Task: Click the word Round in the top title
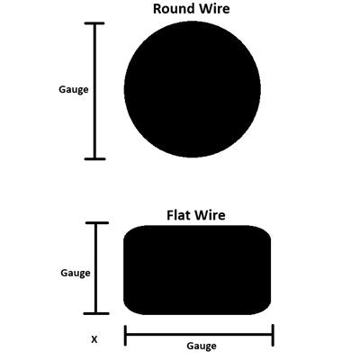[x=172, y=9]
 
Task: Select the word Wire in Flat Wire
[x=210, y=215]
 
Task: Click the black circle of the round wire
[x=193, y=89]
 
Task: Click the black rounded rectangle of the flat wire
[x=197, y=270]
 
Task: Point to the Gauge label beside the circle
[x=74, y=90]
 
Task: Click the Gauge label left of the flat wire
[x=76, y=274]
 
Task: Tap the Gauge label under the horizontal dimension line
[x=202, y=346]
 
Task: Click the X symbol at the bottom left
[x=94, y=339]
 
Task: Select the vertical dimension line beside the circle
[x=94, y=91]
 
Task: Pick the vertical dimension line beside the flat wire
[x=96, y=268]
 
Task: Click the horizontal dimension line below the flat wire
[x=199, y=335]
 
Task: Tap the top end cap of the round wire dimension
[x=94, y=23]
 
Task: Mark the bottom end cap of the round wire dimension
[x=94, y=158]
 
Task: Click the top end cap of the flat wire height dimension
[x=97, y=223]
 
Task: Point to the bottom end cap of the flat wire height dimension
[x=96, y=313]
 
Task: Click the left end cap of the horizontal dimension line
[x=125, y=336]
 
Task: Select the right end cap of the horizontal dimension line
[x=273, y=336]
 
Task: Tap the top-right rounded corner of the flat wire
[x=266, y=230]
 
